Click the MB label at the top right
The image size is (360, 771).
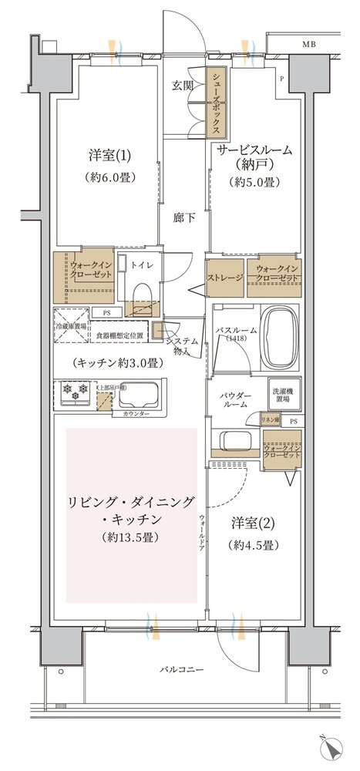[309, 44]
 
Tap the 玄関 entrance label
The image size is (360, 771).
[181, 85]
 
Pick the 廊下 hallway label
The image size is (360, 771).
[183, 218]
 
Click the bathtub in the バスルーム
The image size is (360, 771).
[285, 341]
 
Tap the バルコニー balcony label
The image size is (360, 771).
[182, 668]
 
